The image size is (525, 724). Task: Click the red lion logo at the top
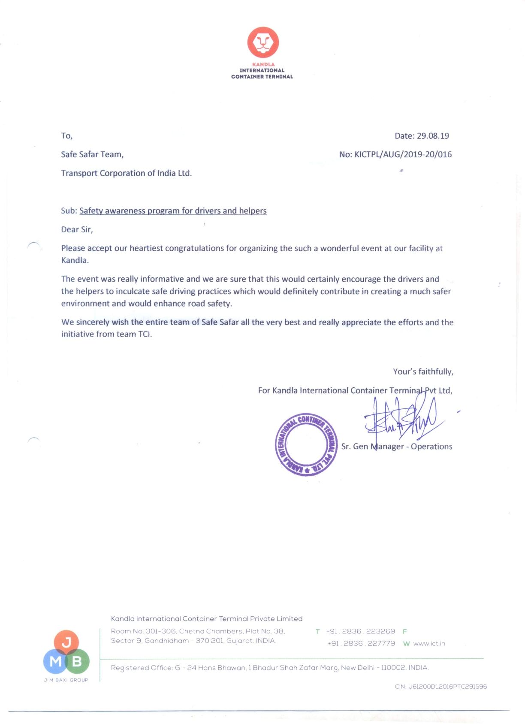coord(263,42)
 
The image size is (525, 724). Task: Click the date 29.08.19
coord(433,136)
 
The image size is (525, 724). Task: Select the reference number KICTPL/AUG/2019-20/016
coord(403,155)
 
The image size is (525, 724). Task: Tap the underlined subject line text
coord(173,211)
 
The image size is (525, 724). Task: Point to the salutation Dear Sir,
coord(77,229)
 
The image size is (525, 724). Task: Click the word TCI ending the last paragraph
coord(145,334)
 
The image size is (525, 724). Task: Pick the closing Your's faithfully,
coord(423,371)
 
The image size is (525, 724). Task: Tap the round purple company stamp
coord(306,444)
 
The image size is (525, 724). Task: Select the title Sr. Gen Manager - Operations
coord(397,447)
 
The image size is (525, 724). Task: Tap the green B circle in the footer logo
coord(78,661)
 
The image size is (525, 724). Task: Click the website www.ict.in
coord(429,644)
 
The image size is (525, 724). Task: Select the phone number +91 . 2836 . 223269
coord(360,631)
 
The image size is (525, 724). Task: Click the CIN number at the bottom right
coord(441,687)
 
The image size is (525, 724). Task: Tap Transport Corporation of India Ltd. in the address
coord(126,173)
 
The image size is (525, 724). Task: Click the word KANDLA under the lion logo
coord(263,64)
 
